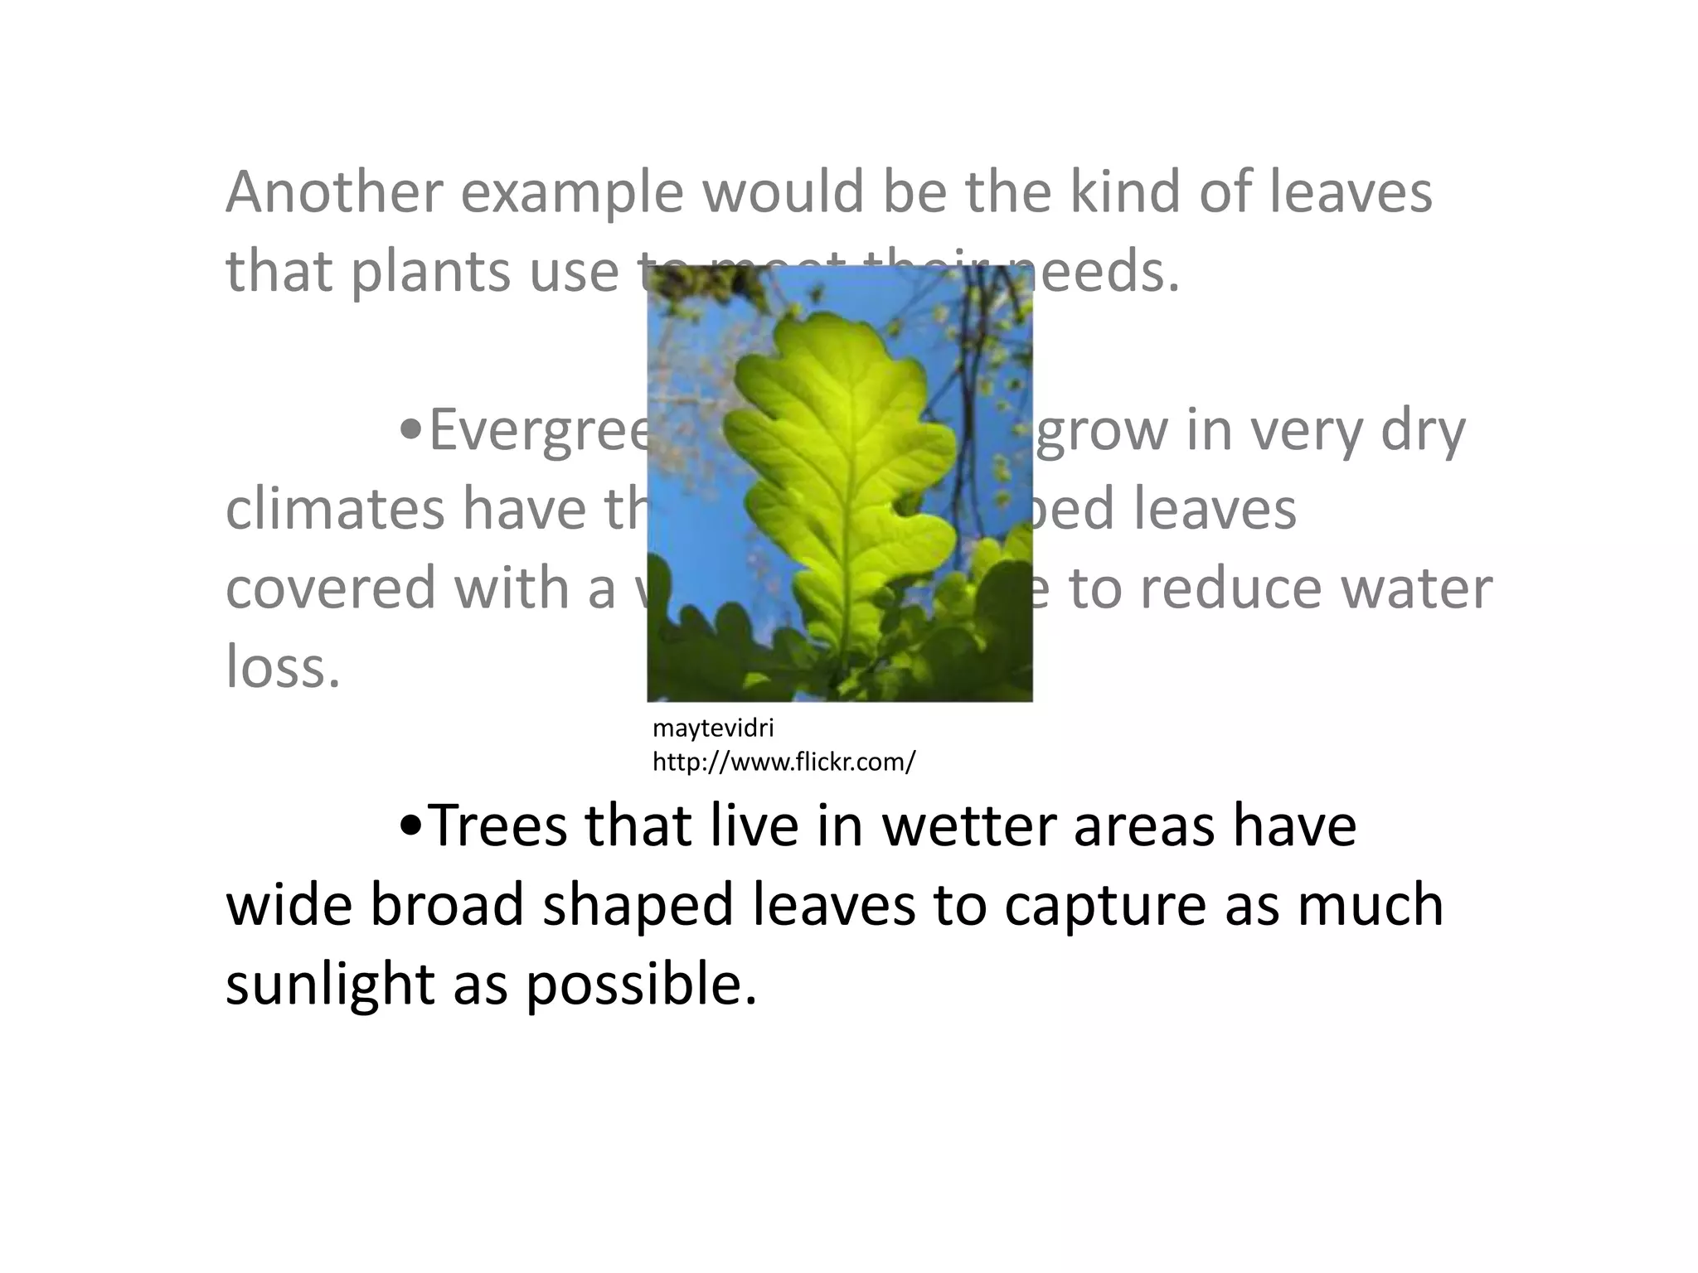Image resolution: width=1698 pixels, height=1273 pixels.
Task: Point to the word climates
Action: (334, 509)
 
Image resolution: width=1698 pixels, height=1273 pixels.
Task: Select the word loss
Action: (283, 666)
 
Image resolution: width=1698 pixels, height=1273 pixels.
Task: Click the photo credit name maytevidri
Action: (713, 728)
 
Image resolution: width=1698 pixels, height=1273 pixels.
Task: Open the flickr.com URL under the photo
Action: (784, 762)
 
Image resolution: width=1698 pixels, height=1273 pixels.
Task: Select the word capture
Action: (1105, 906)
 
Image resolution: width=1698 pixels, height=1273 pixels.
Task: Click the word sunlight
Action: (329, 985)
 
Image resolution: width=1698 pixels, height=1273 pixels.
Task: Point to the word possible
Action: (641, 985)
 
